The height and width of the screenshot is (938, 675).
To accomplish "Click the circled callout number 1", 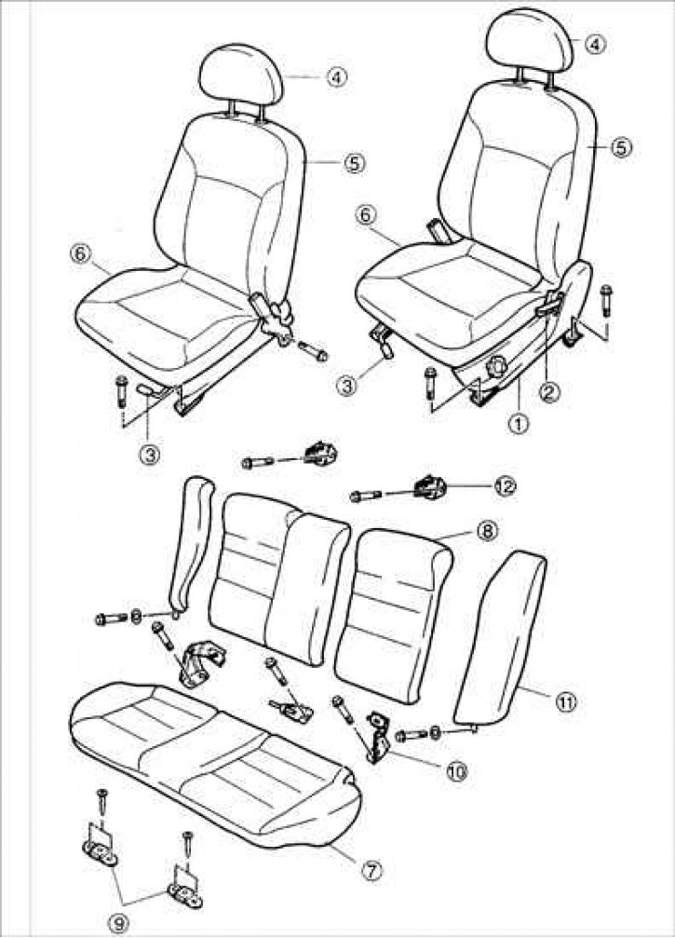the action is (519, 424).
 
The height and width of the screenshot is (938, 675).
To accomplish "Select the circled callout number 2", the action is (549, 392).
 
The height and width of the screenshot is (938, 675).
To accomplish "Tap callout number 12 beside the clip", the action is (504, 485).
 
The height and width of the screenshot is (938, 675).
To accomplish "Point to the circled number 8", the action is (487, 531).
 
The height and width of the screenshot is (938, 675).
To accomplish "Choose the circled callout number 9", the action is (121, 924).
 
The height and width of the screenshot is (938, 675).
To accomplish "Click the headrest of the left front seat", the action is (242, 75).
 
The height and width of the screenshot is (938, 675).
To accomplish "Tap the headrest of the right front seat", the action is (530, 39).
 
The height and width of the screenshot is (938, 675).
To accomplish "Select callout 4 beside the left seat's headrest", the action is (337, 76).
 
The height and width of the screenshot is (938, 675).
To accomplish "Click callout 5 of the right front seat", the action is (621, 146).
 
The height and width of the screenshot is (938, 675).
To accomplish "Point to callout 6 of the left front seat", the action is (79, 253).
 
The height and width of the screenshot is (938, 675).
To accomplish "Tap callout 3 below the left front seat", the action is (150, 455).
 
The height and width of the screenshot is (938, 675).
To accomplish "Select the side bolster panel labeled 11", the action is (501, 637).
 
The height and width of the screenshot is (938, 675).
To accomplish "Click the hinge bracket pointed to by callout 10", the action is (378, 737).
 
